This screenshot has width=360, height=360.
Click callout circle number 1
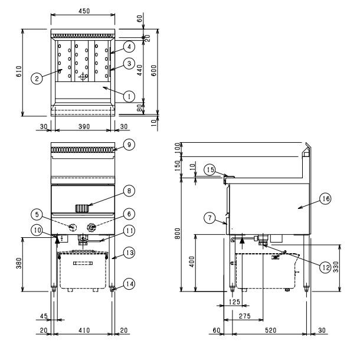coord(129,96)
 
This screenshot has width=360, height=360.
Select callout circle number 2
coord(37,78)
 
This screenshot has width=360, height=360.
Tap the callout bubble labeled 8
coord(129,191)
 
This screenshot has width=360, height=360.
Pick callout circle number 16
coord(326,199)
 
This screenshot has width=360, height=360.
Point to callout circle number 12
coord(326,267)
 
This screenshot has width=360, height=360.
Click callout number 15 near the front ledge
coord(210,169)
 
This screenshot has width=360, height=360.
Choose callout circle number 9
coord(129,145)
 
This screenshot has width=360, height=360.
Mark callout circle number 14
coord(129,284)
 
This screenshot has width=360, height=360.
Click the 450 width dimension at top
coord(84,11)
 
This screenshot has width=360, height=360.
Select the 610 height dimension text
coord(19,71)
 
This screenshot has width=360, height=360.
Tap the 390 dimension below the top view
coord(84,126)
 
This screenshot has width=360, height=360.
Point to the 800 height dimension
coord(178,234)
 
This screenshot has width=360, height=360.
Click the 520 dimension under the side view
coord(270,330)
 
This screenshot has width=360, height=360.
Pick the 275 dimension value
coord(245,316)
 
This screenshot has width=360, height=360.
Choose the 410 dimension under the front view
coord(84,330)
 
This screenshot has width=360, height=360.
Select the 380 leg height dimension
coord(19,263)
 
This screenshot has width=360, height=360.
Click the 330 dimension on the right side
coord(336,267)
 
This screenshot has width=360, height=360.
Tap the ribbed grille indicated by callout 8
coord(82,208)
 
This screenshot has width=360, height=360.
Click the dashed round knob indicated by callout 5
coord(73,227)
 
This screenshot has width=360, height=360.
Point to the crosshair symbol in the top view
coord(83,77)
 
